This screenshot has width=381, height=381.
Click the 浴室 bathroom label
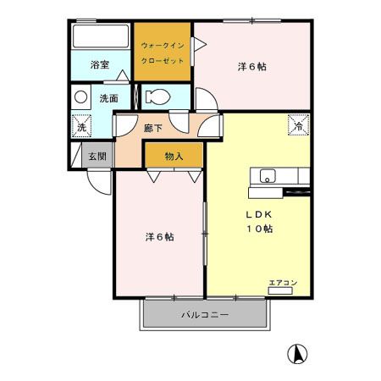(101, 63)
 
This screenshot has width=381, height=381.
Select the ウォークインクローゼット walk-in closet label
(163, 53)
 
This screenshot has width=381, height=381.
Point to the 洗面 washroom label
(108, 98)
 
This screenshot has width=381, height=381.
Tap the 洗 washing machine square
(81, 125)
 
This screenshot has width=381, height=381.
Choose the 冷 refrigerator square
(298, 124)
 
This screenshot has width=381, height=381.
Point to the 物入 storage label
(174, 156)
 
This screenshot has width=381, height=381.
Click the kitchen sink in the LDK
(267, 177)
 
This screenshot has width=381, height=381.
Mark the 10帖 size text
(258, 229)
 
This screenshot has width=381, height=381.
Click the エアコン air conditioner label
(283, 282)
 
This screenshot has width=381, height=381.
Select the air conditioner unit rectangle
(282, 290)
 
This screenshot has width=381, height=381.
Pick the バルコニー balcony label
(205, 316)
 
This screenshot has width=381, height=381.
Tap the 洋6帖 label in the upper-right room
(251, 67)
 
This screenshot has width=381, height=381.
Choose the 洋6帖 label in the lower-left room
(158, 237)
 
